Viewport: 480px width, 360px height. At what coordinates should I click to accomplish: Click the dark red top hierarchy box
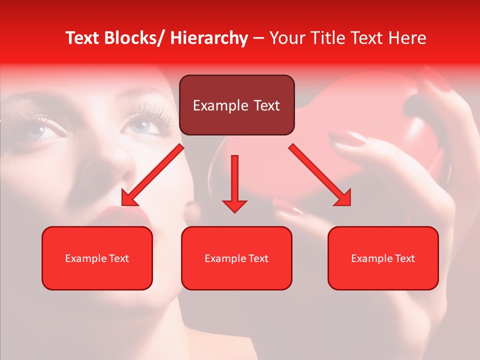click(236, 105)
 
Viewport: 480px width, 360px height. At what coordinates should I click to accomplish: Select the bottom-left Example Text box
click(97, 258)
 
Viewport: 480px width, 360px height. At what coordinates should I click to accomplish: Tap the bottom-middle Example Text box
click(236, 258)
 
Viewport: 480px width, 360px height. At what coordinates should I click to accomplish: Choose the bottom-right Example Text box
click(383, 258)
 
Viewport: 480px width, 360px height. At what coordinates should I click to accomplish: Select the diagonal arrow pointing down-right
click(320, 175)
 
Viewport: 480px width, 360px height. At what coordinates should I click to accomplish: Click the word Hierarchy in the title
click(209, 38)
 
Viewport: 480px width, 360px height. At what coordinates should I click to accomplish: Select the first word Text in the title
click(81, 38)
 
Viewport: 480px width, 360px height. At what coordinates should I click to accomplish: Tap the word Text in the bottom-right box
click(404, 258)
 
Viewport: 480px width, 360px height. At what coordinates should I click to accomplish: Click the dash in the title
click(258, 38)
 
